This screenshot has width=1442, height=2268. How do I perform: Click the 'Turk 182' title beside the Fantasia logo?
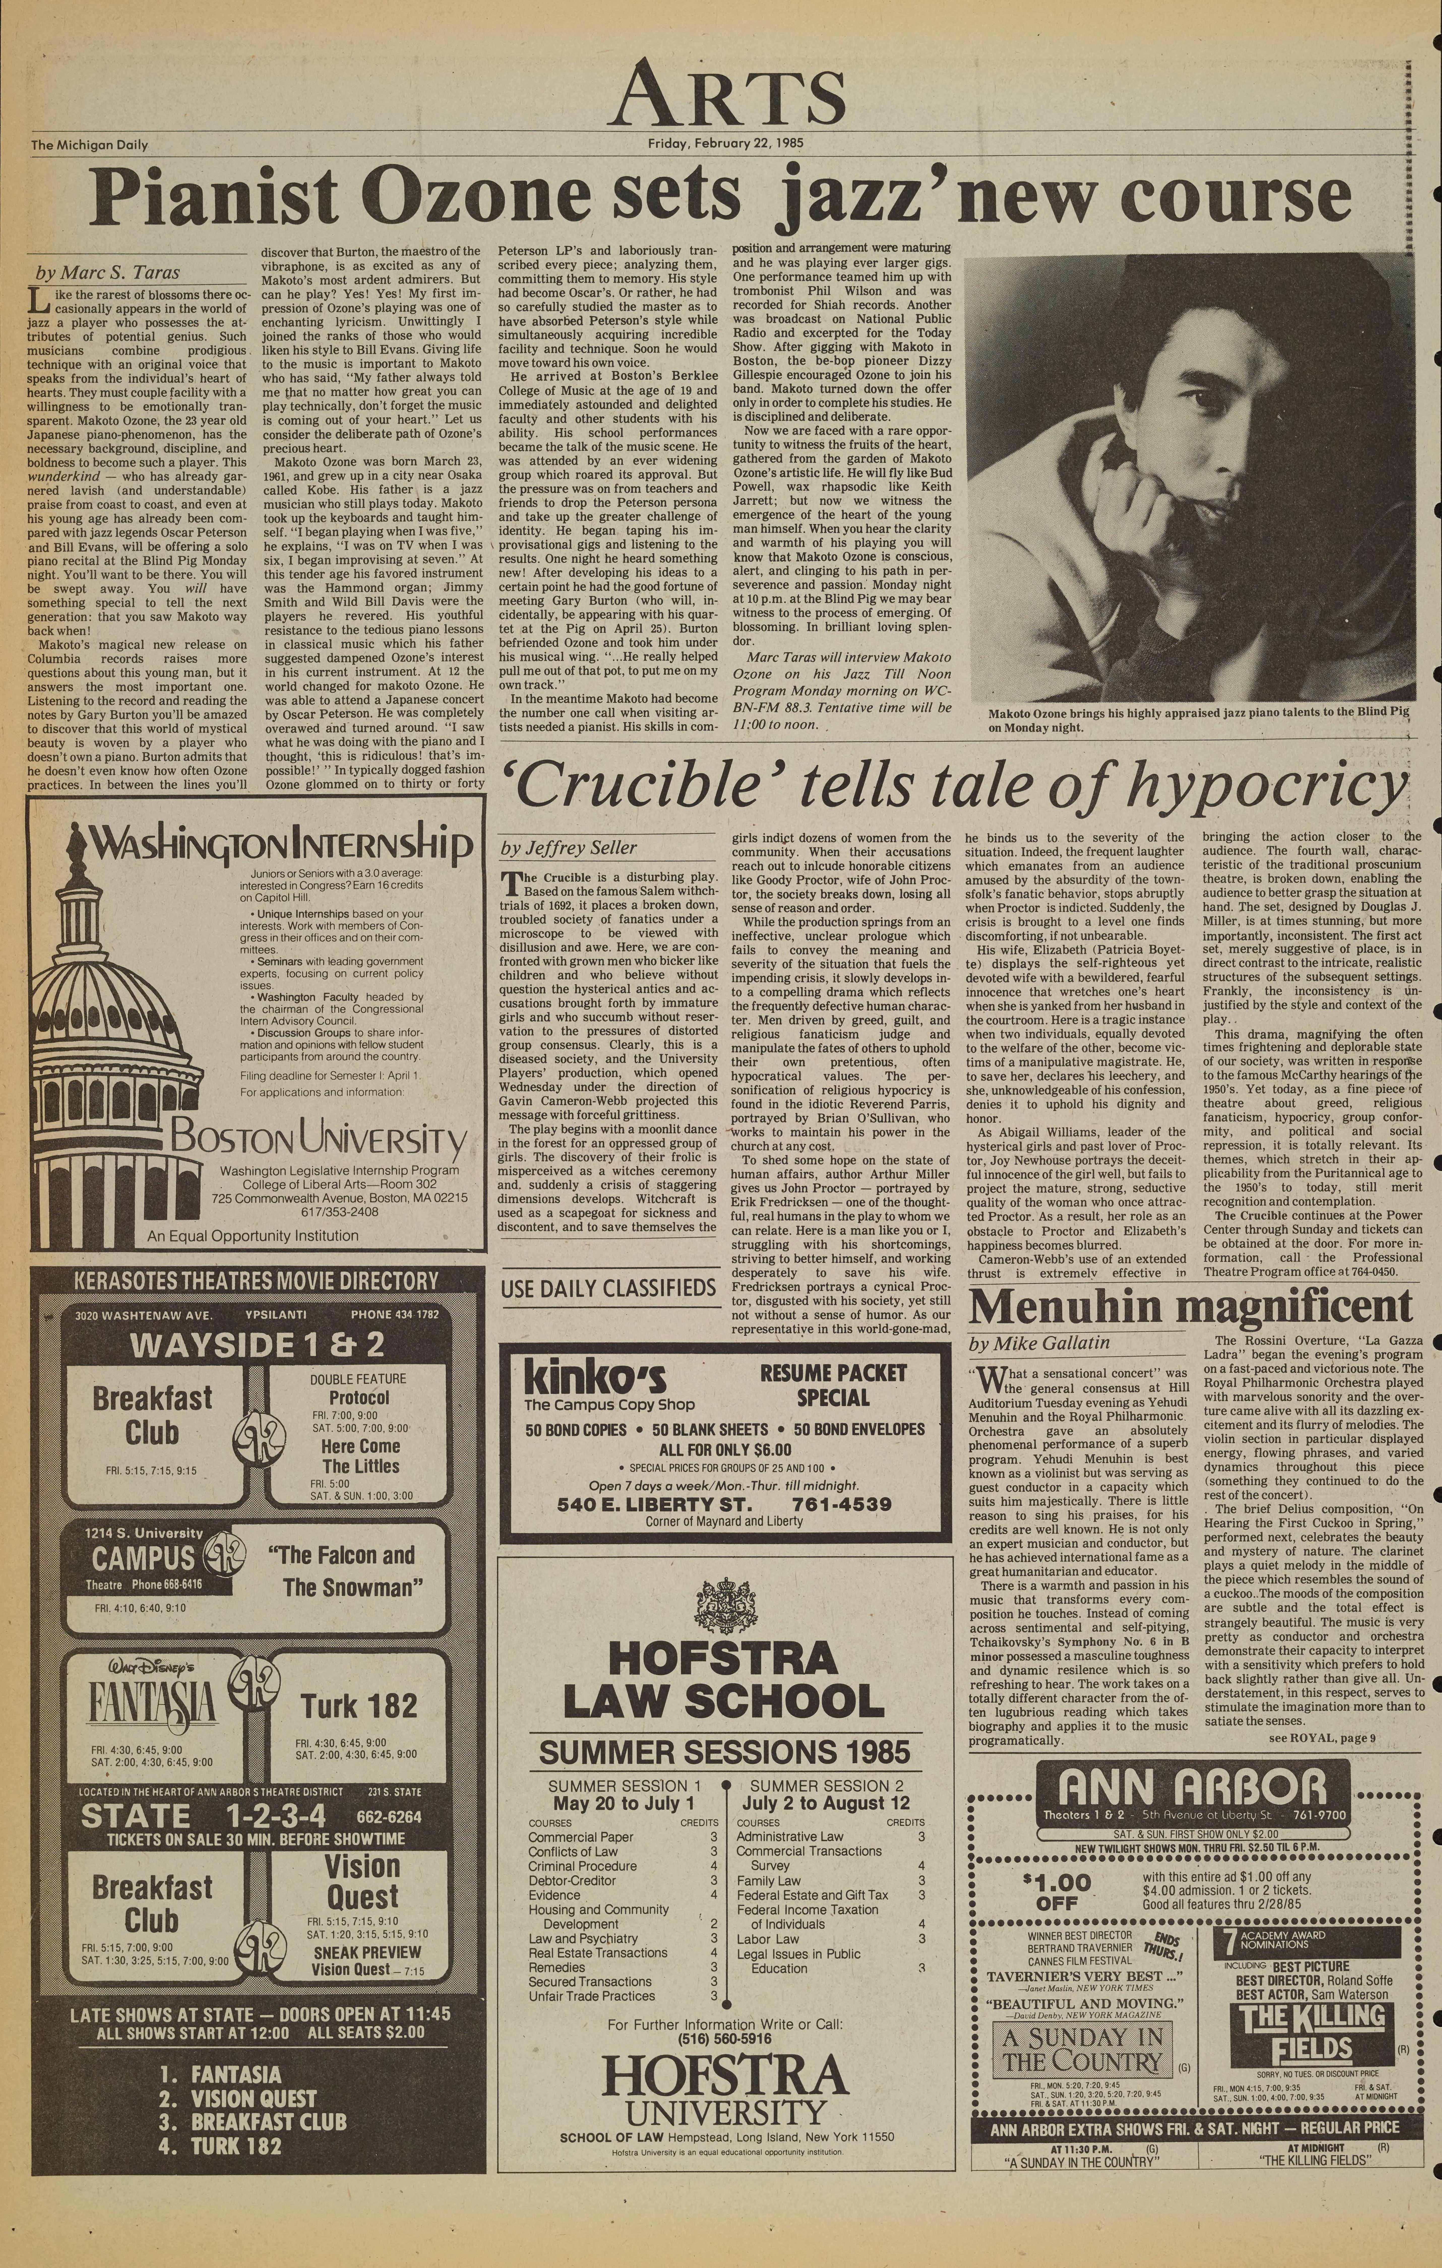point(359,1705)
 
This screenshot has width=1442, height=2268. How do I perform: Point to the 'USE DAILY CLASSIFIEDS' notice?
point(607,1287)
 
